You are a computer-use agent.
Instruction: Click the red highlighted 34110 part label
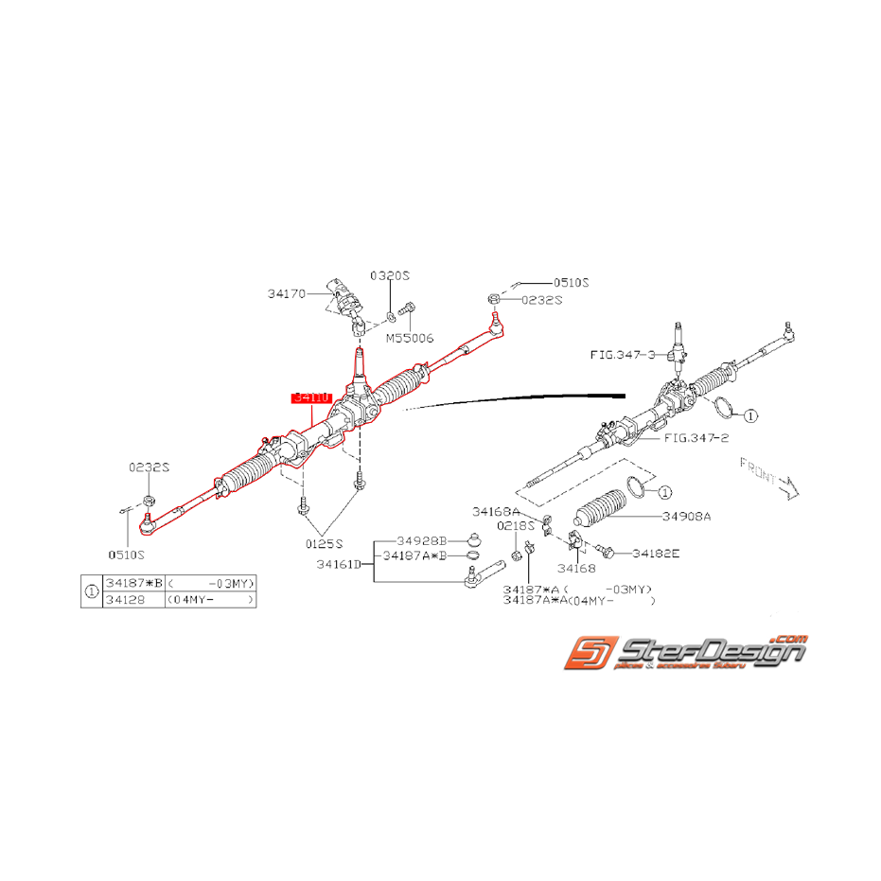[311, 397]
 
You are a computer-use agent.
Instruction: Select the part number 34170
[286, 294]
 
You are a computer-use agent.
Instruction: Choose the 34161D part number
[343, 566]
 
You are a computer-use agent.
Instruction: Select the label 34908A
[686, 517]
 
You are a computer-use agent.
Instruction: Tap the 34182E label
[656, 553]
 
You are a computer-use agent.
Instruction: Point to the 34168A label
[496, 511]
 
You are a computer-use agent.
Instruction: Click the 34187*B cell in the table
[132, 583]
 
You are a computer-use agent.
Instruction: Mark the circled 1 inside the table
[92, 591]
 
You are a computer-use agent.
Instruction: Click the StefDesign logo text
[710, 651]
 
